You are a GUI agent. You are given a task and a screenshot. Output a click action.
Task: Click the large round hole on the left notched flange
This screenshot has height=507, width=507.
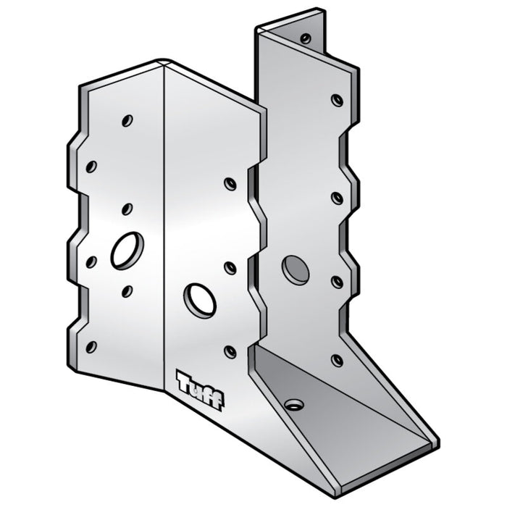[127, 250]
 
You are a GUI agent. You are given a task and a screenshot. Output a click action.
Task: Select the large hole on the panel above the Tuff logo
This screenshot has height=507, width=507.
[199, 300]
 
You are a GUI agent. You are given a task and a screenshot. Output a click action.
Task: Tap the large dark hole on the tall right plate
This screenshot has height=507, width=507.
[296, 269]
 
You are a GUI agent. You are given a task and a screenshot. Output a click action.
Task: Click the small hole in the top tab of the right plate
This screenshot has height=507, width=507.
[306, 38]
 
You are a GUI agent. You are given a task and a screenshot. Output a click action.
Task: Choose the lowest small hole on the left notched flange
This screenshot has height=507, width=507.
[91, 346]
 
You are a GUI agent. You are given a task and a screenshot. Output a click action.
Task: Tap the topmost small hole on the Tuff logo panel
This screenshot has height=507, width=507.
[230, 184]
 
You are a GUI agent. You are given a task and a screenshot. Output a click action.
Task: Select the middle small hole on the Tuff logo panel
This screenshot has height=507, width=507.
[230, 268]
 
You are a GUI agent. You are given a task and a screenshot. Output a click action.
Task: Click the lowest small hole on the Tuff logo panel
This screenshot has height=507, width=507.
[230, 352]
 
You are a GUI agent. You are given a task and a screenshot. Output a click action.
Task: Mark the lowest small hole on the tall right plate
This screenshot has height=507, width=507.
[337, 359]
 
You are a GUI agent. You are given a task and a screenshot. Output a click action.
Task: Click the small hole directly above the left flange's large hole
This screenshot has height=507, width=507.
[127, 209]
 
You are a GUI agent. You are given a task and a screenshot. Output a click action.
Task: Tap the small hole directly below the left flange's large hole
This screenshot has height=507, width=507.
[127, 291]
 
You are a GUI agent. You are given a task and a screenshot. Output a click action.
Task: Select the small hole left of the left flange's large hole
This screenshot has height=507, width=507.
[91, 261]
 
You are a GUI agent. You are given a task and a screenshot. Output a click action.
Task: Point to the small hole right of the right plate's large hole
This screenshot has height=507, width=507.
[337, 281]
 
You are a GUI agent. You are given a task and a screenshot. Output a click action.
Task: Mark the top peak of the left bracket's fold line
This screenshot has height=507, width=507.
[165, 64]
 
